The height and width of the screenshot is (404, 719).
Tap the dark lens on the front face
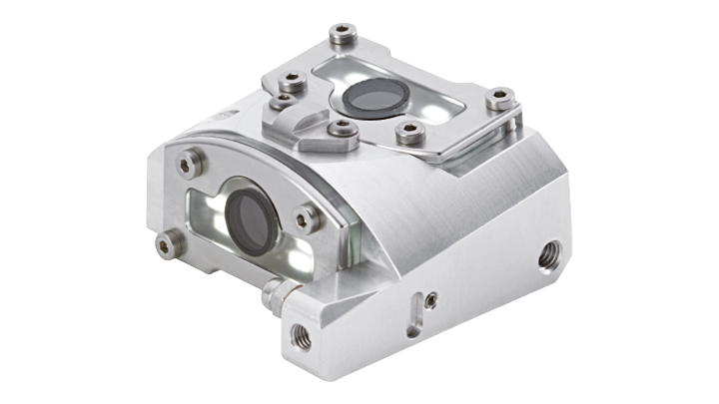tap(250, 216)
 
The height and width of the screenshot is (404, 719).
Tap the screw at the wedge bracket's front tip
tap(342, 128)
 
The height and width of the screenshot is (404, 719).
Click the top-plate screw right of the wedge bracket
tap(406, 131)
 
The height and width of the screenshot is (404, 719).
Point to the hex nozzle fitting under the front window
tap(275, 294)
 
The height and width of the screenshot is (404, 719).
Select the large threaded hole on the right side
tap(548, 257)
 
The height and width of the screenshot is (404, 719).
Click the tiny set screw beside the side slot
tap(429, 298)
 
